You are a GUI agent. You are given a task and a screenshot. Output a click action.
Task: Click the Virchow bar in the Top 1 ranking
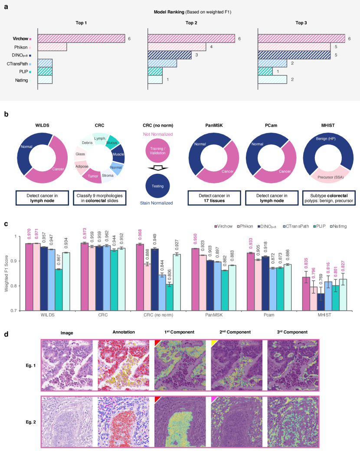point(82,39)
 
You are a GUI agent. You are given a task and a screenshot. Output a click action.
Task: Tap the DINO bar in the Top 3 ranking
point(294,55)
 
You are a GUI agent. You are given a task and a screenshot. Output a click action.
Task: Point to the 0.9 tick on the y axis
point(16,261)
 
